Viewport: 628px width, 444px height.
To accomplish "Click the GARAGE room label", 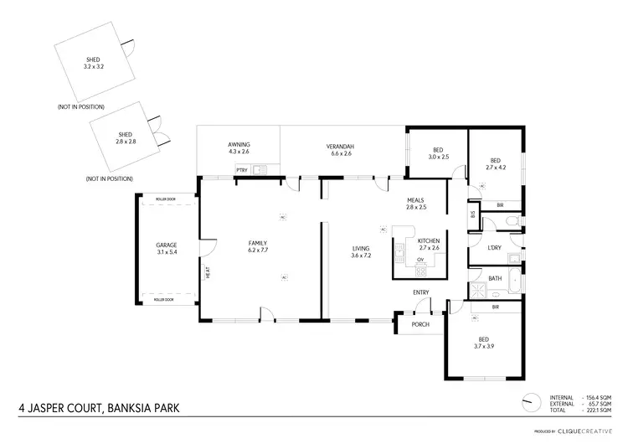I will pos(167,249).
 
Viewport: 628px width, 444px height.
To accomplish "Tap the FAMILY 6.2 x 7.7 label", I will pos(257,246).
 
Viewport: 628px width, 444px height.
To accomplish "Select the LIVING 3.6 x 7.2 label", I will pos(361,251).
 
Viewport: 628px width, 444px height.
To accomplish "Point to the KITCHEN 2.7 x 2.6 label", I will pos(428,244).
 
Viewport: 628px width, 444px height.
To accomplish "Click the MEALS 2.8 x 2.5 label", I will pos(416,204).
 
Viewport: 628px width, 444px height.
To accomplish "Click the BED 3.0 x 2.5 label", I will pos(439,153).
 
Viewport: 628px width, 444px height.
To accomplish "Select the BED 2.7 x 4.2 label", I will pos(495,164).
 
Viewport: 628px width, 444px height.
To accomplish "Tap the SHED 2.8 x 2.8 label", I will pos(126,138).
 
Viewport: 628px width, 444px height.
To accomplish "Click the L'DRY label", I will pos(495,248).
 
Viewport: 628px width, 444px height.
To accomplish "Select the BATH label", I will pos(495,278).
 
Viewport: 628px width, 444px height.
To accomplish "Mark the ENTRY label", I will pos(420,292).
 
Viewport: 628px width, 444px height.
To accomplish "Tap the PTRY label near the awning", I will pos(241,170).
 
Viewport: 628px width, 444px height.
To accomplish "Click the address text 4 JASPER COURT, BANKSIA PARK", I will pos(99,410).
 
